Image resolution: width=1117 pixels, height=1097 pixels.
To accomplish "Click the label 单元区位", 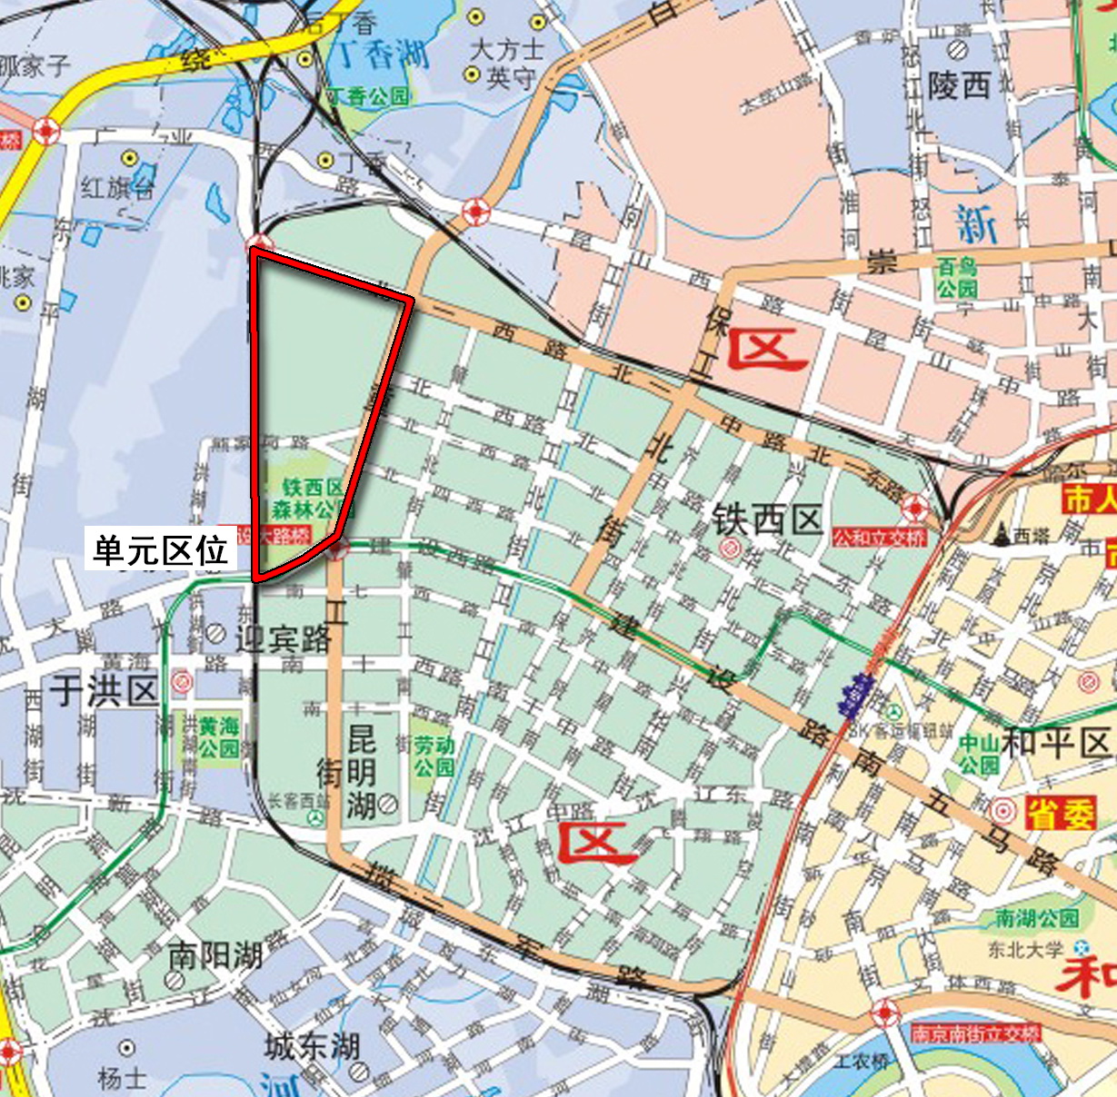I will tap(161, 550).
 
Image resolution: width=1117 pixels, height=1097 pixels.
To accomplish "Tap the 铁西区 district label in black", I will tap(767, 520).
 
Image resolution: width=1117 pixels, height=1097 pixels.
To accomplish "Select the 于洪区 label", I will tap(105, 691).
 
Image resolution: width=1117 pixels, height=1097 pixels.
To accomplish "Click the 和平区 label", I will tap(1057, 742).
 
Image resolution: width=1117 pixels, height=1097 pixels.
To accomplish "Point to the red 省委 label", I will tap(1060, 814).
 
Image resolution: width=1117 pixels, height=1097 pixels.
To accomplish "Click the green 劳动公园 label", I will tap(434, 756).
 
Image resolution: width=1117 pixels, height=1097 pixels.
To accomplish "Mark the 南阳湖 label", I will tap(215, 955).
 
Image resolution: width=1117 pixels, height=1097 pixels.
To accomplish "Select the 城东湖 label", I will tap(313, 1046).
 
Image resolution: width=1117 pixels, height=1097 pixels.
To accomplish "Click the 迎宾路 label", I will tap(284, 638).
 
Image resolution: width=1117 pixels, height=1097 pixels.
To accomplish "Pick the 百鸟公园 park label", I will tap(958, 278).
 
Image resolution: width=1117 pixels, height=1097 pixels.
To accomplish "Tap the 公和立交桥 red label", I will tap(879, 538).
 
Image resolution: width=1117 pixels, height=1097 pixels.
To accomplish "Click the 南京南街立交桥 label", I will tap(975, 1033).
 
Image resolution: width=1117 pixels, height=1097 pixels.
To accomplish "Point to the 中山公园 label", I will tap(979, 755).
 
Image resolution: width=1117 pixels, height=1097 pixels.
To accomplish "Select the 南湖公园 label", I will tap(1036, 918).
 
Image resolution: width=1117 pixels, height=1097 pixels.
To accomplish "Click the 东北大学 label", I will tap(1025, 950).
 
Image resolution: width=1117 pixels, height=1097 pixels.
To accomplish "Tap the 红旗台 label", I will tap(117, 188).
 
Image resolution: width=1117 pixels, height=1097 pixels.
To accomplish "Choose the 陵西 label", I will tap(959, 86).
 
